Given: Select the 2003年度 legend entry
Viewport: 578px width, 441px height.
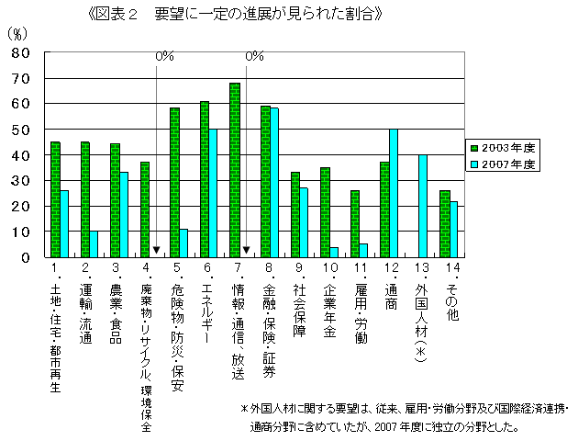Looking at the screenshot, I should (x=504, y=147).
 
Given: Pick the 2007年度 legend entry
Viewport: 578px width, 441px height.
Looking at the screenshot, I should (x=504, y=164).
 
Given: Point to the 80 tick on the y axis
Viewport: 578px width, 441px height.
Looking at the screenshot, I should (x=21, y=53).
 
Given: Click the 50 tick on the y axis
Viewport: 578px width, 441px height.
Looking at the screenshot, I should (x=21, y=130).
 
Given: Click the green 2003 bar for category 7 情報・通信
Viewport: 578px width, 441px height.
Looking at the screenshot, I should (x=235, y=170).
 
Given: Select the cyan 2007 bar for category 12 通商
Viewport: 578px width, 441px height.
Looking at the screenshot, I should (x=393, y=193).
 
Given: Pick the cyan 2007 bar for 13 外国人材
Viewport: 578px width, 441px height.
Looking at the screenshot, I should (x=423, y=206).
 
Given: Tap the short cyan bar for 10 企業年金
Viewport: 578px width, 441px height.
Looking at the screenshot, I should (x=333, y=253).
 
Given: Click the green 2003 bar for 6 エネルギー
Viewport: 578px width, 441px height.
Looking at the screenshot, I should (x=205, y=179).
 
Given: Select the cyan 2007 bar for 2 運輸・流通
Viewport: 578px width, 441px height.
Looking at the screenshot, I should (x=94, y=244).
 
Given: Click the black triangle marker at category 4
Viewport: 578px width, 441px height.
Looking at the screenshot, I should (x=157, y=250).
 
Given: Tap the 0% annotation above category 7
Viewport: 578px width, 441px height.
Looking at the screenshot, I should (x=255, y=57).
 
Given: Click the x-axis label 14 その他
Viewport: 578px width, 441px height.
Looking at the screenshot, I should (x=448, y=294).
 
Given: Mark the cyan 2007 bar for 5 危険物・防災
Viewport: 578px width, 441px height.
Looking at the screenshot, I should (x=183, y=243).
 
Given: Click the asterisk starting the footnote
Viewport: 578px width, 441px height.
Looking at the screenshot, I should (x=244, y=408).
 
